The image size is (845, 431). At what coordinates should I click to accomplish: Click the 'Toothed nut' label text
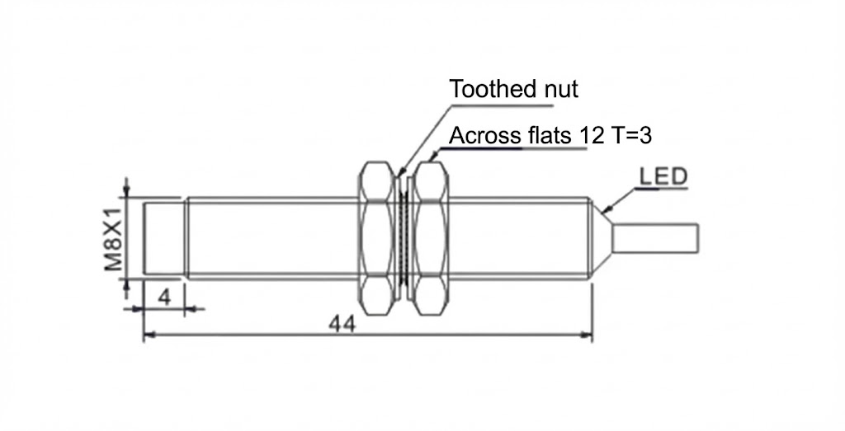click(513, 89)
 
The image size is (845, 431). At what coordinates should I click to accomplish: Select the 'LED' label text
click(663, 176)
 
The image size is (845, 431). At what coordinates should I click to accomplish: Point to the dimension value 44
click(342, 324)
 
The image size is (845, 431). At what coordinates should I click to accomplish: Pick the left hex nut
click(378, 238)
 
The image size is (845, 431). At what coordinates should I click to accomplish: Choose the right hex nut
click(430, 238)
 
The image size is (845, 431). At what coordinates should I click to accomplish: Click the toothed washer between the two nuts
click(404, 238)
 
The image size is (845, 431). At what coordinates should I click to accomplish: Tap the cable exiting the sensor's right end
click(656, 239)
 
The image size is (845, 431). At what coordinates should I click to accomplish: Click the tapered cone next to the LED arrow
click(602, 239)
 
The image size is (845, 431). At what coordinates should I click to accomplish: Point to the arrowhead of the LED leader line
click(608, 209)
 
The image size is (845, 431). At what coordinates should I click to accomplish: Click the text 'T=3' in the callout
click(630, 135)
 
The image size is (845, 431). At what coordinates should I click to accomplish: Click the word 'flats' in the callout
click(549, 135)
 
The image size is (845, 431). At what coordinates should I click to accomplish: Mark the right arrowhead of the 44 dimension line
click(588, 335)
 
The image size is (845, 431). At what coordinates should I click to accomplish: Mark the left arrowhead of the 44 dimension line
click(149, 335)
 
